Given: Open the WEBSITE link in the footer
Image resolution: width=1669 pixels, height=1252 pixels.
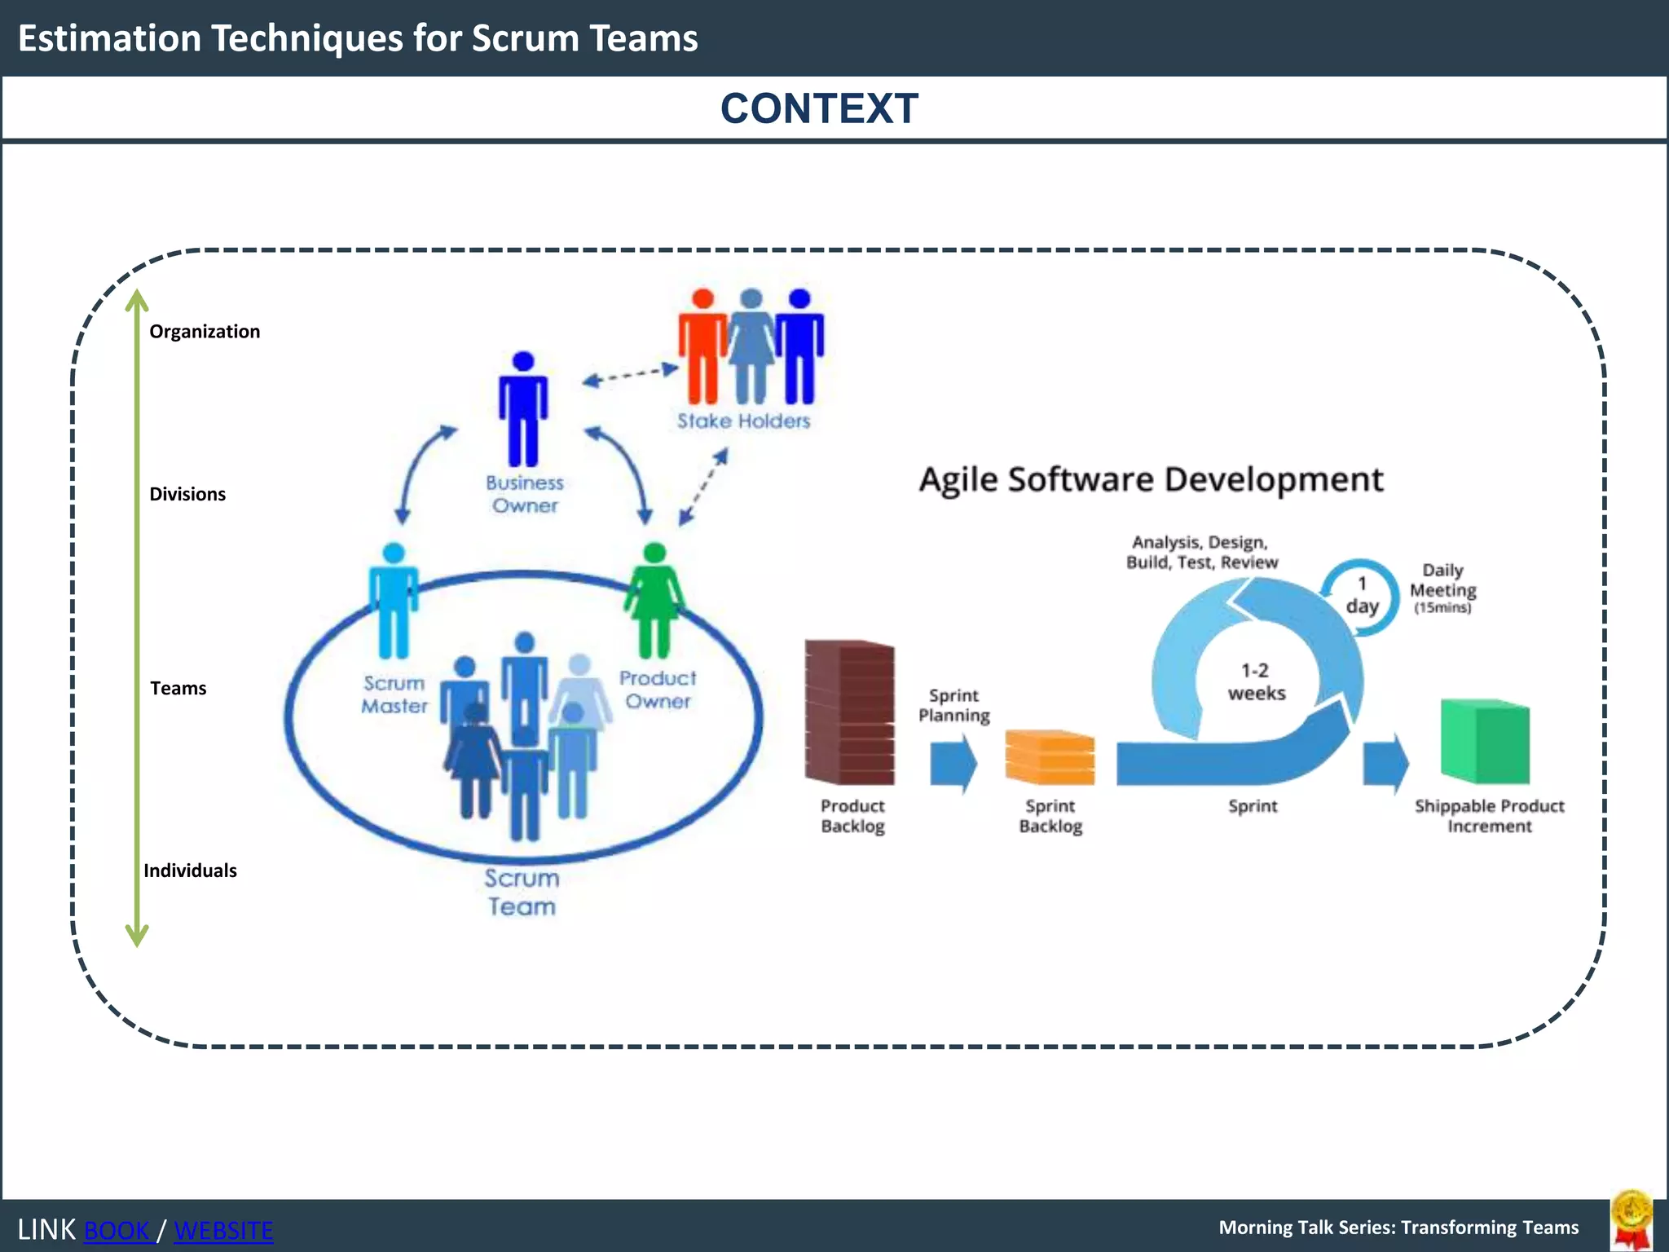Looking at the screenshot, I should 223,1230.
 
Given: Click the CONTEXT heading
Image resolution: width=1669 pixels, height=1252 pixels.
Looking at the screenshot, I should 819,108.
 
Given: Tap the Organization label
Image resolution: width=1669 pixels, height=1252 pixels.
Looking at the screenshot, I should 205,332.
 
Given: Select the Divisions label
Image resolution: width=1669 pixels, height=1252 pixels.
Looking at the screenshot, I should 187,494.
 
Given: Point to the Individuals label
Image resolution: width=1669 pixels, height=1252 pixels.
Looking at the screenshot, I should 190,871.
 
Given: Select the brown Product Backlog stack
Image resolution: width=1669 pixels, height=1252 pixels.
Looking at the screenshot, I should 849,712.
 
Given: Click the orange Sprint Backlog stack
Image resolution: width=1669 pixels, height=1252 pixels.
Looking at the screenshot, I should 1050,757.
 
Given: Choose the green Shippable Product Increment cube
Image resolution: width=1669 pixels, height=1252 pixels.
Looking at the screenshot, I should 1485,741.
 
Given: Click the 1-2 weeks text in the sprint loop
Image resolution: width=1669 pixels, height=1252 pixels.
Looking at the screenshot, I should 1256,681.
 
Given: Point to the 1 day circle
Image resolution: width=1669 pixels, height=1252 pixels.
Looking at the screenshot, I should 1361,595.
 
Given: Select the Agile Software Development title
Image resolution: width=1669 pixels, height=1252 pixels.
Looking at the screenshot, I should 1151,479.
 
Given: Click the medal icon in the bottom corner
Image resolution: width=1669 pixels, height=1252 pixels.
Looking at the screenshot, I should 1632,1220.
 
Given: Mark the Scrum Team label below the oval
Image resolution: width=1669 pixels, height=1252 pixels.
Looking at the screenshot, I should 522,893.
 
